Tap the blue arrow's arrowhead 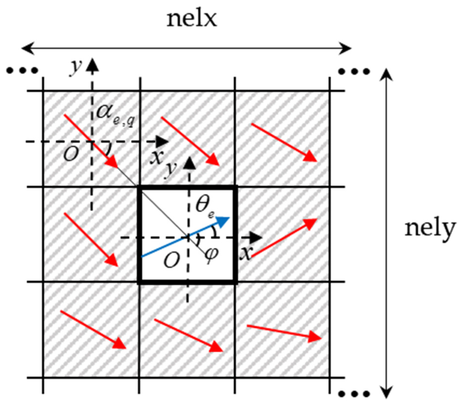[224, 221]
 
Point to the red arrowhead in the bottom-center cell [217, 347]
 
